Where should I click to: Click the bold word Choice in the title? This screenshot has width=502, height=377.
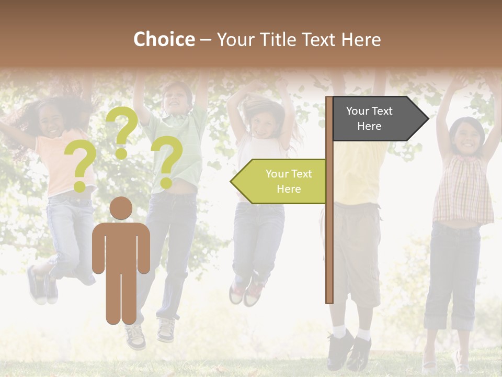[x=164, y=39]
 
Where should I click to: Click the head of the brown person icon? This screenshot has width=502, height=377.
[x=121, y=208]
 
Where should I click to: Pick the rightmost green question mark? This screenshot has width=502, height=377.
[x=167, y=160]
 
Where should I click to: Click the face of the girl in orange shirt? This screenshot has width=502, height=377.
[x=52, y=123]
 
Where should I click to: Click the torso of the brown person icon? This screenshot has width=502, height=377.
[x=121, y=246]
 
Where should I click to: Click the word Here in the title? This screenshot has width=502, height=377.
[x=361, y=40]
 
